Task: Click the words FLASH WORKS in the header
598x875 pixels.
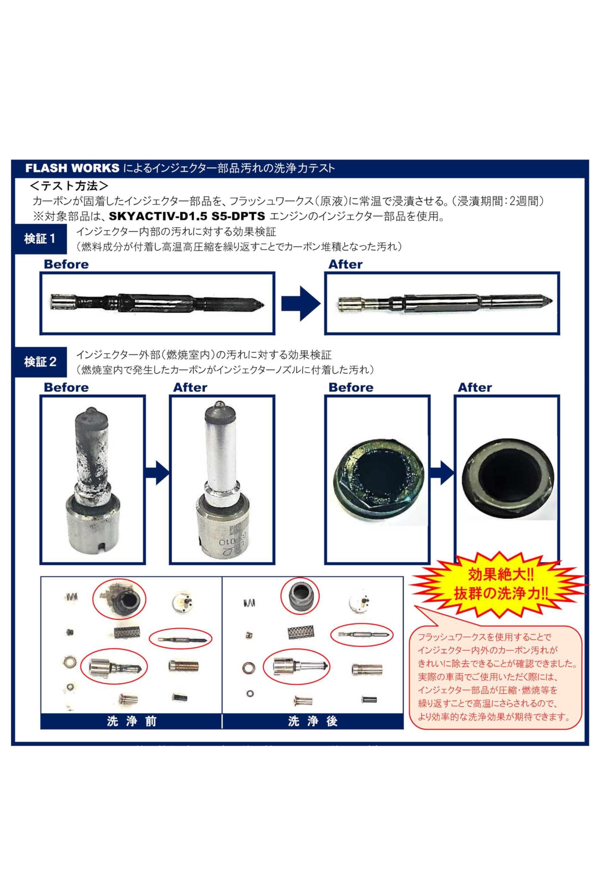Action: [x=72, y=168]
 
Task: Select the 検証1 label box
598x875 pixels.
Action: [x=40, y=239]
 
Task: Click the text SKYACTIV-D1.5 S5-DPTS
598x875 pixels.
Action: [x=187, y=216]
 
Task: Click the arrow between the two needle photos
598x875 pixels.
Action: [x=300, y=304]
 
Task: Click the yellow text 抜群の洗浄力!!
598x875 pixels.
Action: [x=500, y=594]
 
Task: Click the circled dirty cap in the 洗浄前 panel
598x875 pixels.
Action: [x=120, y=598]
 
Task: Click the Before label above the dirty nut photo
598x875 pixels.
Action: [x=350, y=387]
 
